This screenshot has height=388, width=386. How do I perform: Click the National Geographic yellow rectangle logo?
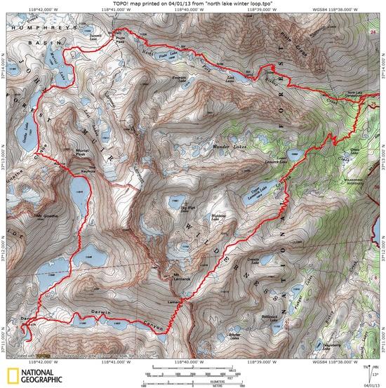point(13,374)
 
